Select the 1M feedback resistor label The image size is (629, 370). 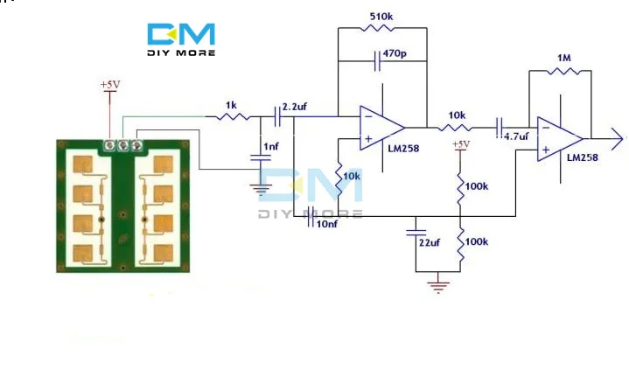point(564,58)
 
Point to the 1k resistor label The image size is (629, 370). point(231,105)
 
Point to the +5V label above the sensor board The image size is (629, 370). point(108,85)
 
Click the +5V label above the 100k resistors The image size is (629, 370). point(459,144)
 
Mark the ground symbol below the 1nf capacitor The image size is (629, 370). point(260,186)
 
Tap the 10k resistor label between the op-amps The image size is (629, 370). point(457,115)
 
